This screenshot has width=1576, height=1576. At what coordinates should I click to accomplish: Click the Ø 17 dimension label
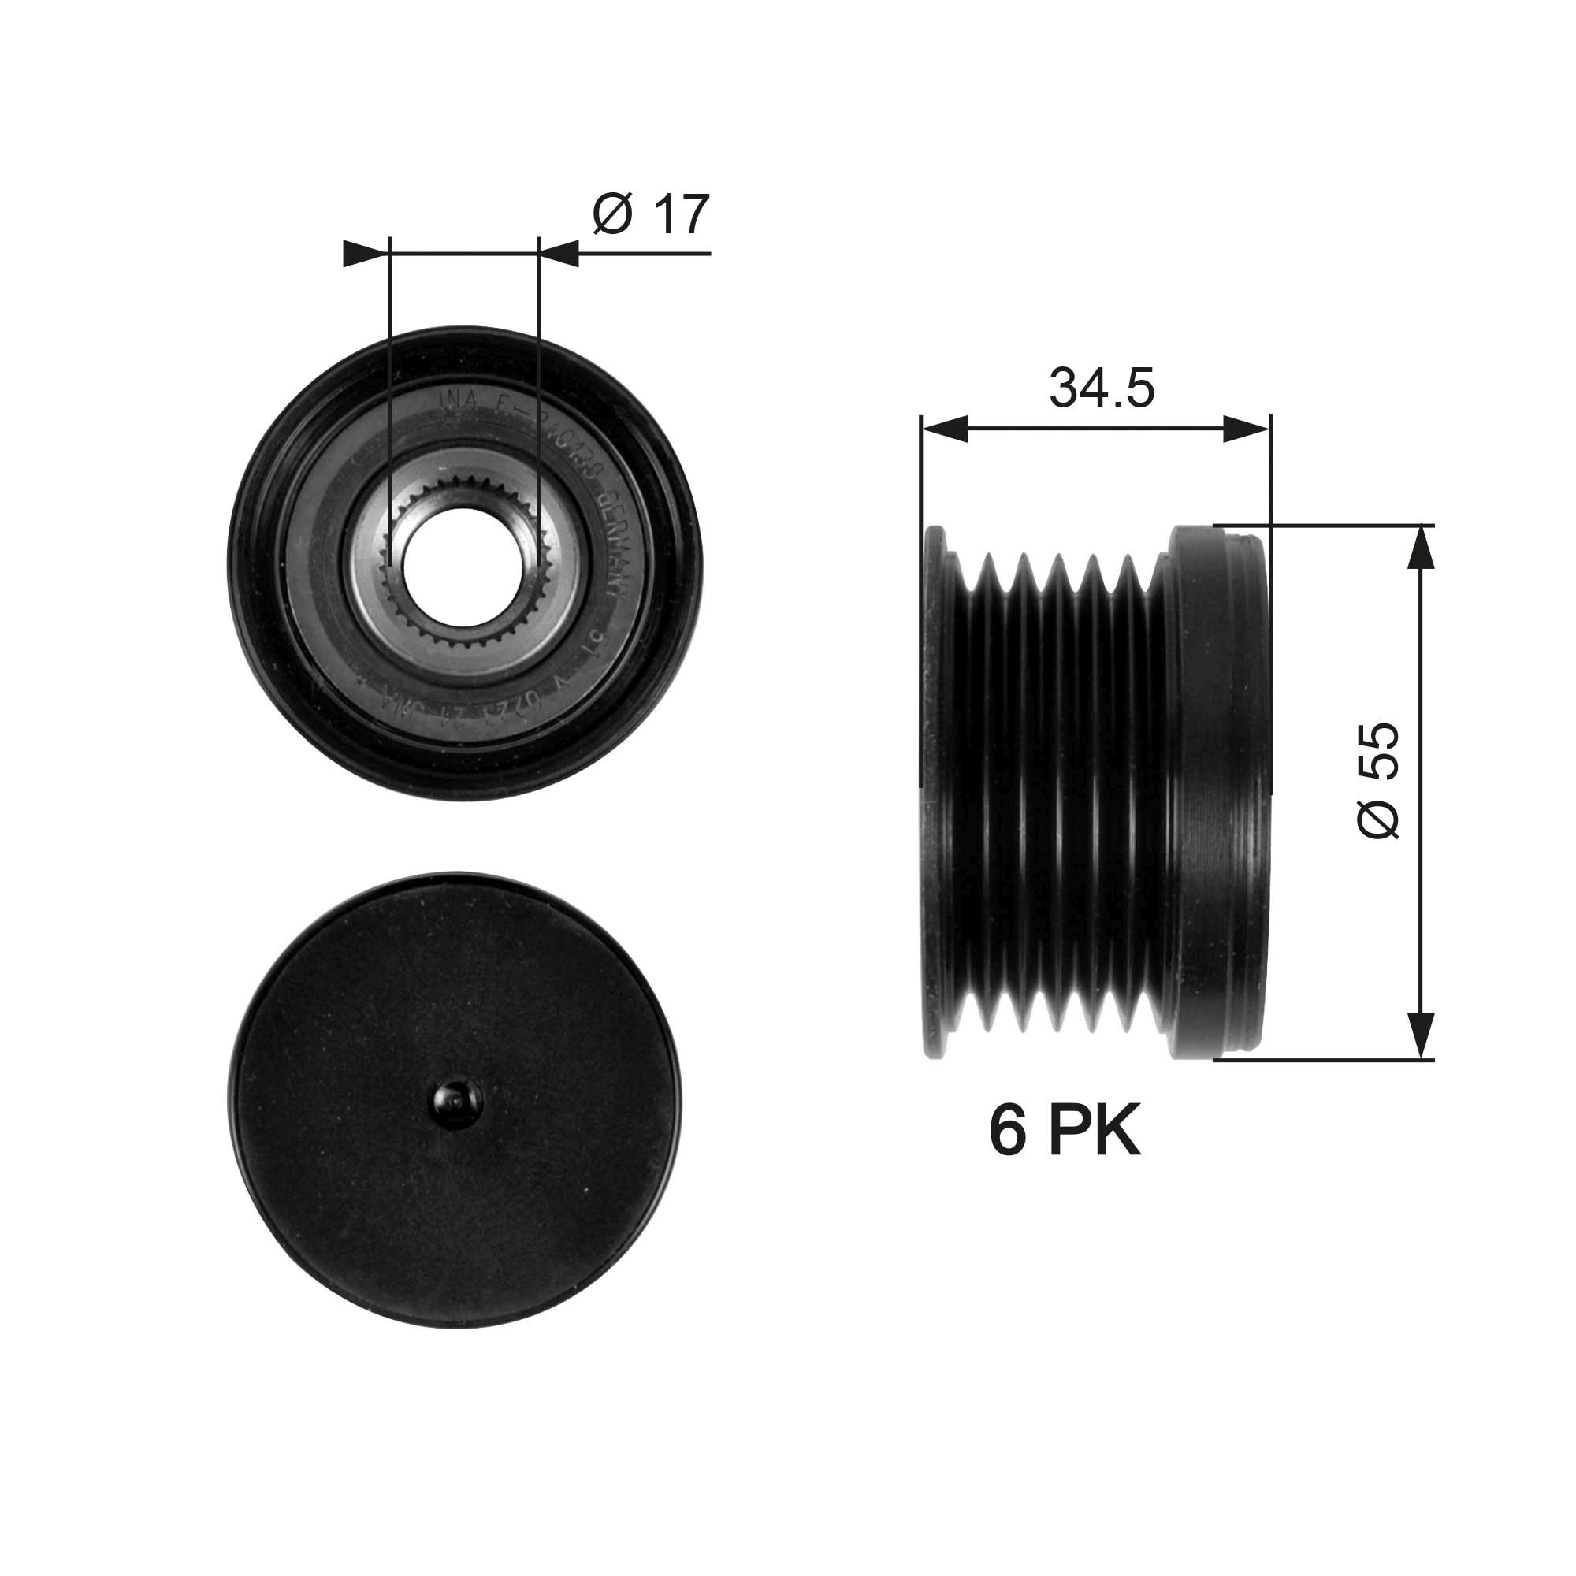(651, 214)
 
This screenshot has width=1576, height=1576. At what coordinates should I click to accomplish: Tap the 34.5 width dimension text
(1102, 388)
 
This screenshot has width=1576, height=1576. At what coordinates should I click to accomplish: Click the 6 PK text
(1065, 1132)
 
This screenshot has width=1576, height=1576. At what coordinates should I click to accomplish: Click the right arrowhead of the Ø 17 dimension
(559, 254)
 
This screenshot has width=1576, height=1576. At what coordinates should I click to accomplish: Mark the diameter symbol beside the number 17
(612, 214)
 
